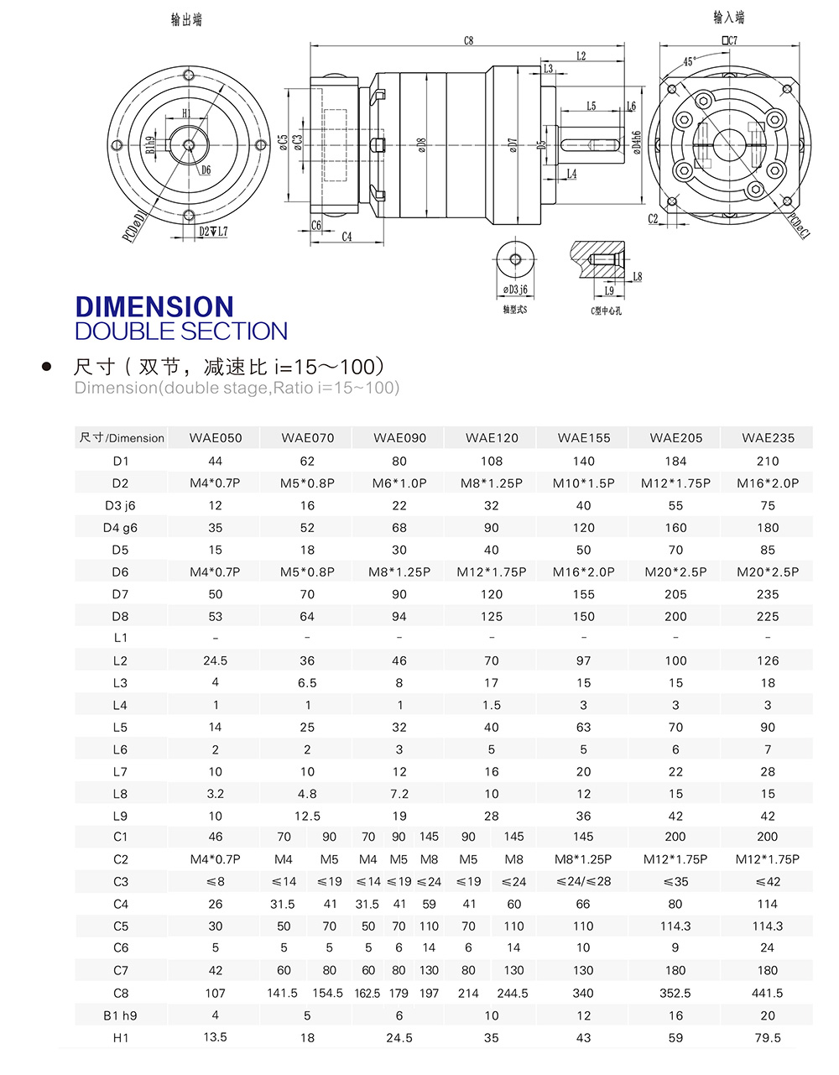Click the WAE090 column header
coord(399,437)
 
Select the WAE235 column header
coord(768,437)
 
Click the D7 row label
coord(121,594)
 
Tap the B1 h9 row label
coord(121,1015)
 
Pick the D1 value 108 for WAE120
coord(492,461)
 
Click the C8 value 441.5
coord(768,993)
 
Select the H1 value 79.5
coord(768,1037)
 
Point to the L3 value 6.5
coord(307,683)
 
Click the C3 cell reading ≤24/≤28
coord(583,881)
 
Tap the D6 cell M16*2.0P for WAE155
coord(583,571)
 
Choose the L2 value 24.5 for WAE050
coord(216,660)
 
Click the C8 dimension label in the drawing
coord(468,40)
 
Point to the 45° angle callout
coord(689,61)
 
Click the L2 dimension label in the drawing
coord(581,55)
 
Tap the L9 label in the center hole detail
coord(609,291)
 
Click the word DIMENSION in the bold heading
coord(154,306)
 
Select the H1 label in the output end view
coord(186,113)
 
